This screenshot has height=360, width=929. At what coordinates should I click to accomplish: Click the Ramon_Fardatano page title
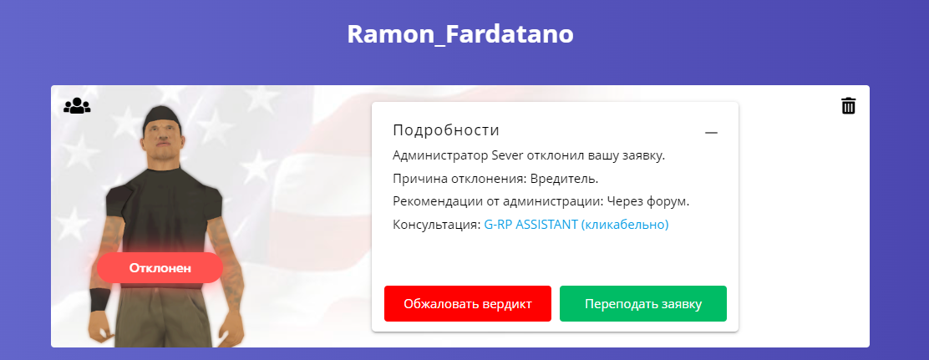(x=460, y=34)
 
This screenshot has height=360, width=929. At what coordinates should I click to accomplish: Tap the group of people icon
(x=77, y=106)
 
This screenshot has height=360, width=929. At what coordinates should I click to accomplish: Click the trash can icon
(x=849, y=105)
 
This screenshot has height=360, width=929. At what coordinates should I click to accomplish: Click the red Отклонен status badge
(x=160, y=267)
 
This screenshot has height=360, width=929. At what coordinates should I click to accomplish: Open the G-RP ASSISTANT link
(x=576, y=225)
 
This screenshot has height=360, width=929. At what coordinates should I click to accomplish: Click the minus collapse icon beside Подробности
(x=711, y=133)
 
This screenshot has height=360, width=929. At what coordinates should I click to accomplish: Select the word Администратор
(x=441, y=156)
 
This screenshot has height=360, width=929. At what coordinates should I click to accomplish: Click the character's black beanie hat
(x=160, y=119)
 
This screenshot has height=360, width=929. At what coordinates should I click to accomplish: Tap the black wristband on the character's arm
(x=99, y=300)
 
